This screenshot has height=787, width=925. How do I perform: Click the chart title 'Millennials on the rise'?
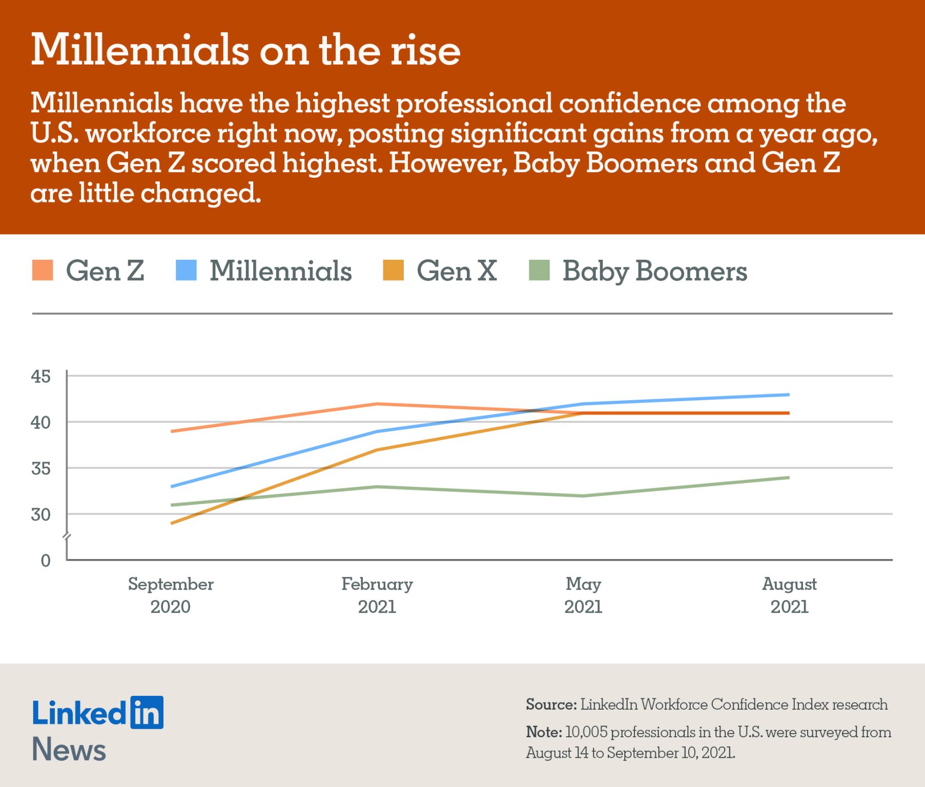tap(245, 50)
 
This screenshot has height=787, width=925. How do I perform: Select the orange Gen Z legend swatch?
tap(43, 270)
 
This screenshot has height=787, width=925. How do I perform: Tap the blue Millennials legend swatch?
tap(186, 270)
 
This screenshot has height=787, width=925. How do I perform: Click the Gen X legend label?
tap(457, 270)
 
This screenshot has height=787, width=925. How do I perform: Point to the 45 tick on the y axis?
tap(41, 377)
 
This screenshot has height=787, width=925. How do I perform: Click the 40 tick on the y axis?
tap(41, 423)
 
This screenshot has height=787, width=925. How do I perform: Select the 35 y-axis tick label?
tap(41, 468)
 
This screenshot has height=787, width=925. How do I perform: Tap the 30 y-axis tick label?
tap(41, 514)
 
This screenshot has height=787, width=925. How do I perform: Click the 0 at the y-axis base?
tap(46, 560)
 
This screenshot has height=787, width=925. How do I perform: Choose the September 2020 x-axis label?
tap(171, 595)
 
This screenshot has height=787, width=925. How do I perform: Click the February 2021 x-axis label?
tap(377, 595)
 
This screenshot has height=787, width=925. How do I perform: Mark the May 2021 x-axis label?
tap(583, 595)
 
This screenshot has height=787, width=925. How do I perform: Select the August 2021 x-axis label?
tap(789, 595)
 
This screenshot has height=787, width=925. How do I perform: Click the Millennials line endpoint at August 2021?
tap(788, 395)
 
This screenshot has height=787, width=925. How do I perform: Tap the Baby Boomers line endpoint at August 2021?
tap(788, 478)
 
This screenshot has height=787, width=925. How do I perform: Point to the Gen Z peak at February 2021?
tap(377, 404)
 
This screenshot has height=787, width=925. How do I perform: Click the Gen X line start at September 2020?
tap(172, 523)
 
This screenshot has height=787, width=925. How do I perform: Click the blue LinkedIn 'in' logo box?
tap(147, 712)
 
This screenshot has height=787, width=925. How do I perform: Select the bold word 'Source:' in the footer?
tap(551, 705)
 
